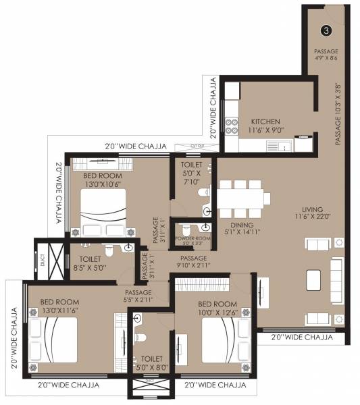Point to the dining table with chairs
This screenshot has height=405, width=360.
click(243, 198)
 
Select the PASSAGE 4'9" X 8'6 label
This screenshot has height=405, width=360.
click(326, 55)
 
